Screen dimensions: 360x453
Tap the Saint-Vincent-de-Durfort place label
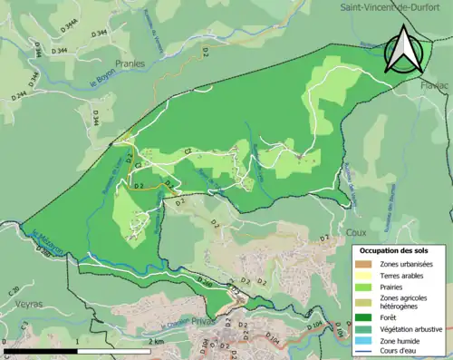[x=395, y=7]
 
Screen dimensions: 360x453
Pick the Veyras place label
[x=30, y=305]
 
